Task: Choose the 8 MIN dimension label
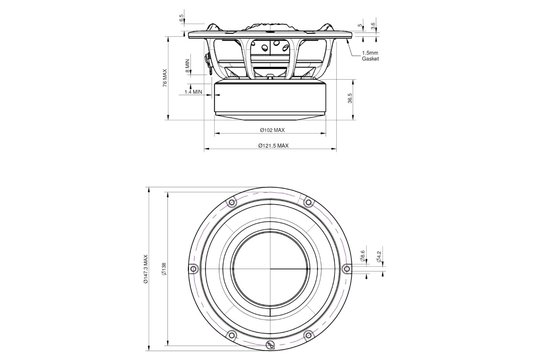click(x=187, y=63)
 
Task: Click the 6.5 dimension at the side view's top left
click(x=181, y=17)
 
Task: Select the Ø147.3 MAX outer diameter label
click(x=144, y=268)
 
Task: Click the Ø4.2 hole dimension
click(x=377, y=259)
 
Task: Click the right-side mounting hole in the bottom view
click(x=351, y=267)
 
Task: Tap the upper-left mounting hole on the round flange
click(x=231, y=201)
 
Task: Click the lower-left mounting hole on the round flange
click(x=231, y=333)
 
